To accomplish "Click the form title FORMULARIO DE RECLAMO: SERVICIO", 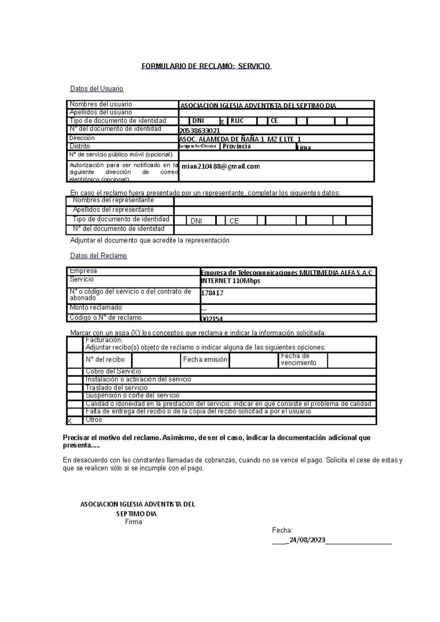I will [206, 66].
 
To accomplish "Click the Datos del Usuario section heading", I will [96, 89].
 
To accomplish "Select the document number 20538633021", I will [199, 131].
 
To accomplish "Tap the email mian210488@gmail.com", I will [221, 166].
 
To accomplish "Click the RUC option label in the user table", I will [237, 121].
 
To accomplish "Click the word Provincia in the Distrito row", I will [236, 146].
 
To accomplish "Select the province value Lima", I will [304, 148].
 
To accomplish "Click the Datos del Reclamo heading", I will [98, 256].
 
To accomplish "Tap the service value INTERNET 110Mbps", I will [231, 281].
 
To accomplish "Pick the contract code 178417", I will [212, 293].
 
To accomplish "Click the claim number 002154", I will [212, 319].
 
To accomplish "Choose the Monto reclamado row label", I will [96, 308].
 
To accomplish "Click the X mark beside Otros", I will [69, 421].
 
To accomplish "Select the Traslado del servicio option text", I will [116, 388].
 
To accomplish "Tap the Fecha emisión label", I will [205, 360].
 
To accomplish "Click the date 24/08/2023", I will [307, 540].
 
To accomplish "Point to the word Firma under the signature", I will [133, 522].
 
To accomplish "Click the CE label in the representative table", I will [234, 221].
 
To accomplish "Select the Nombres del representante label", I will [113, 200].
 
